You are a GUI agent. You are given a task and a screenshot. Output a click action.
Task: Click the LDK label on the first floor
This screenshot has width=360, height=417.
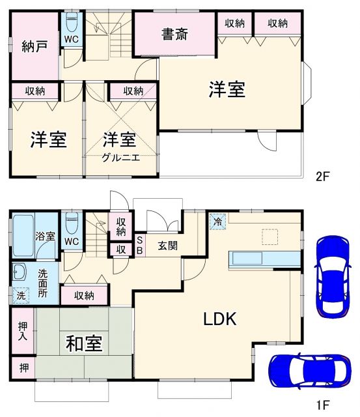click(x=219, y=319)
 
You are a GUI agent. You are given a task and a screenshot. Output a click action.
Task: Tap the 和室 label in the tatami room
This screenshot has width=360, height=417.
click(x=84, y=343)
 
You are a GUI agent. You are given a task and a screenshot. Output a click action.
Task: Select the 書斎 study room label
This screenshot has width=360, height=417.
click(x=175, y=34)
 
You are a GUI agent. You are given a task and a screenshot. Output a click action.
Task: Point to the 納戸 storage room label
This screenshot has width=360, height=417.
click(x=35, y=48)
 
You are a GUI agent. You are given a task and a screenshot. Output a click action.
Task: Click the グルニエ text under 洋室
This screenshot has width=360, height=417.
click(x=120, y=157)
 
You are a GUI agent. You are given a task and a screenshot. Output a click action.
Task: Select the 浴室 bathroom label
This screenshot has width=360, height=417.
click(x=45, y=237)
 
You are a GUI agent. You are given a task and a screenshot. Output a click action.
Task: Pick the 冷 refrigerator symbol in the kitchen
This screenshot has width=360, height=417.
click(x=217, y=222)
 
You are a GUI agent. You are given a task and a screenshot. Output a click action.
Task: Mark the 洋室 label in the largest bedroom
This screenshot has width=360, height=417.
click(x=227, y=90)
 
